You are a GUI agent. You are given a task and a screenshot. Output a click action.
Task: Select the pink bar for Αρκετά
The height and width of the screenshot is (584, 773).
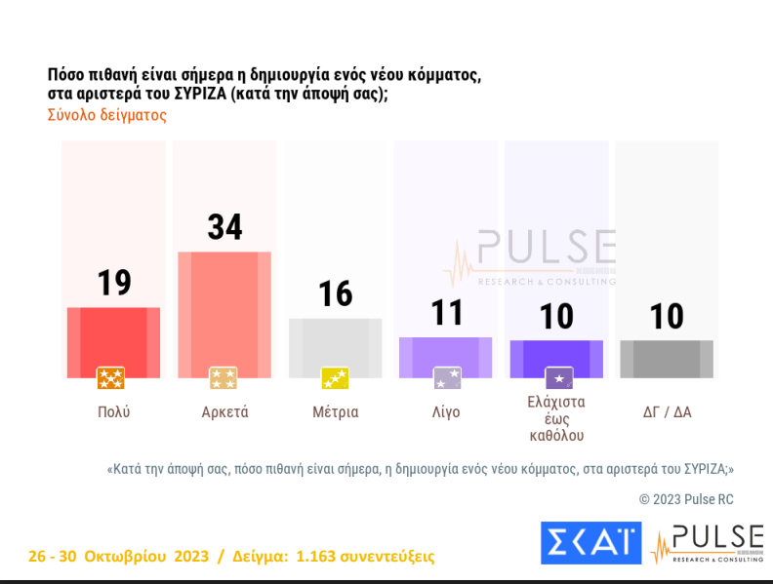click(224, 311)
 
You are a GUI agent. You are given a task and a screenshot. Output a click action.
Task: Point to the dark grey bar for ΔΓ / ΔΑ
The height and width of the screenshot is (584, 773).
click(667, 358)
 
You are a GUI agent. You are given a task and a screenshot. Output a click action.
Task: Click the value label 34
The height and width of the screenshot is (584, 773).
click(224, 227)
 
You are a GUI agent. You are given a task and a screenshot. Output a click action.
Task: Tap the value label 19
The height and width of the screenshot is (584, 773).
click(113, 283)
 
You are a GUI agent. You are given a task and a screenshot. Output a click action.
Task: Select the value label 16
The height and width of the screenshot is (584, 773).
click(335, 293)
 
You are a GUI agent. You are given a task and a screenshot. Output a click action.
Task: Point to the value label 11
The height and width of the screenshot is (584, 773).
click(445, 312)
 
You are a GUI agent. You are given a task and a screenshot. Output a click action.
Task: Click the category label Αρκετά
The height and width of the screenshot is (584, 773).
click(224, 411)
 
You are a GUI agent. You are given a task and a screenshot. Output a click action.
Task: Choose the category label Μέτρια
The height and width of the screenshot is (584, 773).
click(335, 411)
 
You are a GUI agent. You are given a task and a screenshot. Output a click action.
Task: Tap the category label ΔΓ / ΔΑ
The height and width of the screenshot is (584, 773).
click(667, 411)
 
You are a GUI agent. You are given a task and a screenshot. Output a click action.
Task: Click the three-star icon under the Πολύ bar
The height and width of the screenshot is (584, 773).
click(111, 378)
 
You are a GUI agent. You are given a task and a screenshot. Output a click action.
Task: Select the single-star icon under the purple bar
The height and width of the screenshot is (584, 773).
click(558, 378)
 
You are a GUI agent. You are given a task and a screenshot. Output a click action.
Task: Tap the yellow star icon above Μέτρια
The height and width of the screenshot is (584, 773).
click(335, 378)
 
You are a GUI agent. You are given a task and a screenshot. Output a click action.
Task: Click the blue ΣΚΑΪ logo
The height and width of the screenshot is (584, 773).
click(590, 543)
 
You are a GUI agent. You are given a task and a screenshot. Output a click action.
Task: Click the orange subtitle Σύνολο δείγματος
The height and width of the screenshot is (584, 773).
click(107, 115)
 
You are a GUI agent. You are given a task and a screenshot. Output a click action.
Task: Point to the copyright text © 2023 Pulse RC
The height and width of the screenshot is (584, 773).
click(686, 498)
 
